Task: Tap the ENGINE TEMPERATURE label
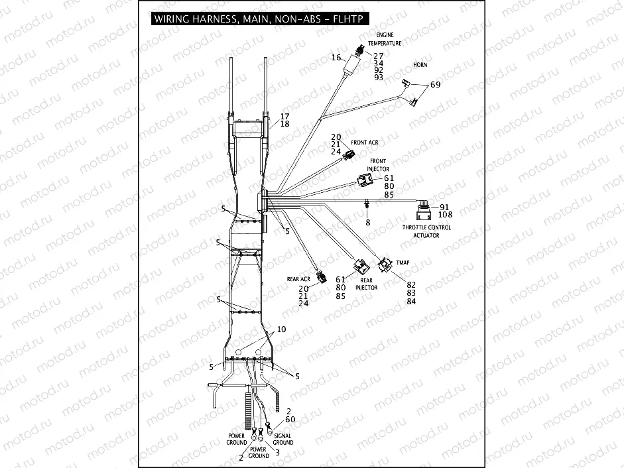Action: (x=389, y=39)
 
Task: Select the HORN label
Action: (x=420, y=66)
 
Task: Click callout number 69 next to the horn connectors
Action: (x=435, y=85)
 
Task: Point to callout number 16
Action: (x=336, y=58)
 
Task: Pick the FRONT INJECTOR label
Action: (x=378, y=165)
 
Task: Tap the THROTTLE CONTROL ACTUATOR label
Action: (x=426, y=231)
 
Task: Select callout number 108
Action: (x=446, y=214)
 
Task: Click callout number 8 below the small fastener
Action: (x=367, y=223)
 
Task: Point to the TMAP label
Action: (x=403, y=263)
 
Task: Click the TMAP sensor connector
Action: (x=385, y=266)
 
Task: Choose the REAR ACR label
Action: (x=298, y=279)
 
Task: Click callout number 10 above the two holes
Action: (x=281, y=329)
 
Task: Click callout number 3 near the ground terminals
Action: (x=277, y=452)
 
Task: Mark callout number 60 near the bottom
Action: (x=290, y=420)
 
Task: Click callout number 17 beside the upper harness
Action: (x=285, y=116)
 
